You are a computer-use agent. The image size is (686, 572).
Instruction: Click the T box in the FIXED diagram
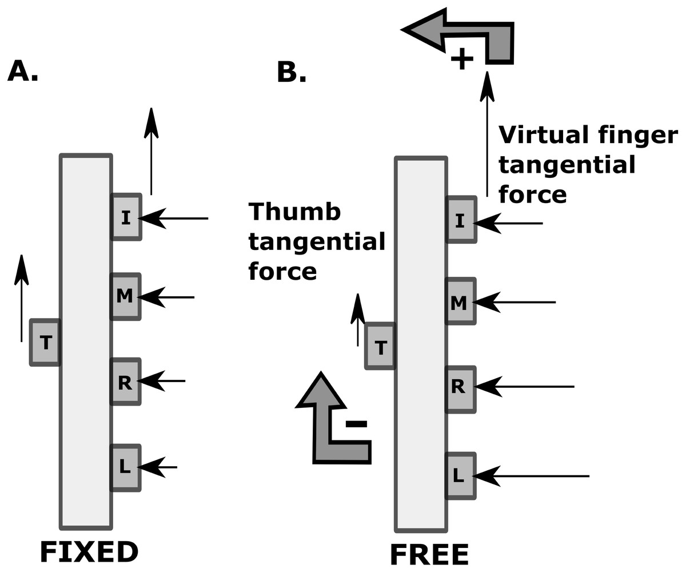point(45,343)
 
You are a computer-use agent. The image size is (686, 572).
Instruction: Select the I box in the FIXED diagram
point(126,217)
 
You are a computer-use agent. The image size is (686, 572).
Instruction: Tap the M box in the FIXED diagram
point(125,296)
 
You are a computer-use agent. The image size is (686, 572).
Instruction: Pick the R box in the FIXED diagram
point(125,382)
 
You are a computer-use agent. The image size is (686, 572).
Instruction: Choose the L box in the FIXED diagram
point(125,467)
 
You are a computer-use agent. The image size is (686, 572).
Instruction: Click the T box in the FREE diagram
point(380,347)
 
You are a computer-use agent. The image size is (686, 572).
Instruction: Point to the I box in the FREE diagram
point(460,220)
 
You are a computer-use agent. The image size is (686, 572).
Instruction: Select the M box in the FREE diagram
point(460,302)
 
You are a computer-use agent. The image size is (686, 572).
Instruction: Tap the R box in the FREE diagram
point(460,388)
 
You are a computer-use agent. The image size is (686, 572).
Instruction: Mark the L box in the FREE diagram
point(460,476)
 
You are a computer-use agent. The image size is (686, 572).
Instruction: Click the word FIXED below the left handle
point(89,553)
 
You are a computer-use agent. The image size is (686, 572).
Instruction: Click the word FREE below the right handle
point(429,555)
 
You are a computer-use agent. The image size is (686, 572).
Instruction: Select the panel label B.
point(292,73)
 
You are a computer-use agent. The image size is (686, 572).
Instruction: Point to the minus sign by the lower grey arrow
point(356,424)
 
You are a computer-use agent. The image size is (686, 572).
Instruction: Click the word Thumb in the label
point(294,212)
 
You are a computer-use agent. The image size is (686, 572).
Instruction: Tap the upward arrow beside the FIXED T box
point(22,297)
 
